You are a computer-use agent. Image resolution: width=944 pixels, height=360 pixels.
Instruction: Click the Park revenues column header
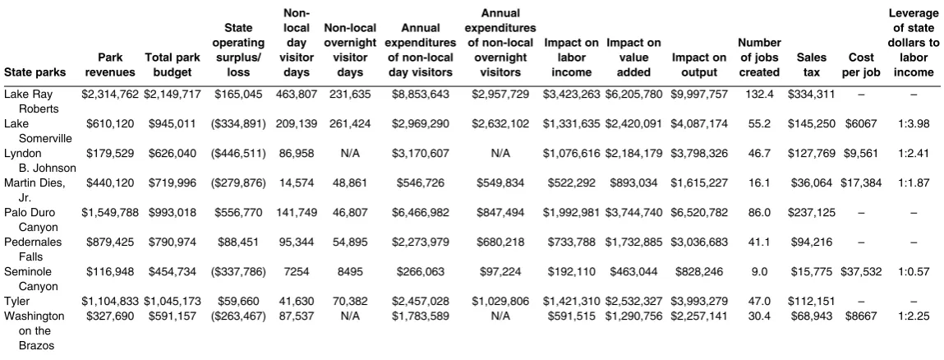(x=110, y=65)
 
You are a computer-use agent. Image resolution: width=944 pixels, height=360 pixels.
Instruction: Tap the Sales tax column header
(x=811, y=65)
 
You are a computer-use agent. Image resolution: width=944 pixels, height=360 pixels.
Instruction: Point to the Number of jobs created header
(x=759, y=58)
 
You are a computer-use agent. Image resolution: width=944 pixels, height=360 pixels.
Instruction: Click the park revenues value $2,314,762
(x=110, y=94)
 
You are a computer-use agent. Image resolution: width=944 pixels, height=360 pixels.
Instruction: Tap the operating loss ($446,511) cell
(x=237, y=153)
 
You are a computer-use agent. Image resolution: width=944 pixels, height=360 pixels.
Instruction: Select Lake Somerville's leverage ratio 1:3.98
(x=914, y=123)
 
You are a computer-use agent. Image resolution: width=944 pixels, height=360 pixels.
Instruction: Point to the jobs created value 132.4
(x=758, y=94)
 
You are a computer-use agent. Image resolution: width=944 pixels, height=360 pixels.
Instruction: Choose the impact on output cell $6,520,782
(x=698, y=213)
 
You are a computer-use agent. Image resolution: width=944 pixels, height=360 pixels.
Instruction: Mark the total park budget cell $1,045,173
(x=173, y=301)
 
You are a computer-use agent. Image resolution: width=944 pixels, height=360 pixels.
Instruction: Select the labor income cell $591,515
(x=571, y=316)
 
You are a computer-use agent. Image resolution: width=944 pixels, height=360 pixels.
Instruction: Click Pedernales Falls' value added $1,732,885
(x=634, y=242)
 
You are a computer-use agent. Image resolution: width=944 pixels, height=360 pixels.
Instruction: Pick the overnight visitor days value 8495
(x=350, y=271)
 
